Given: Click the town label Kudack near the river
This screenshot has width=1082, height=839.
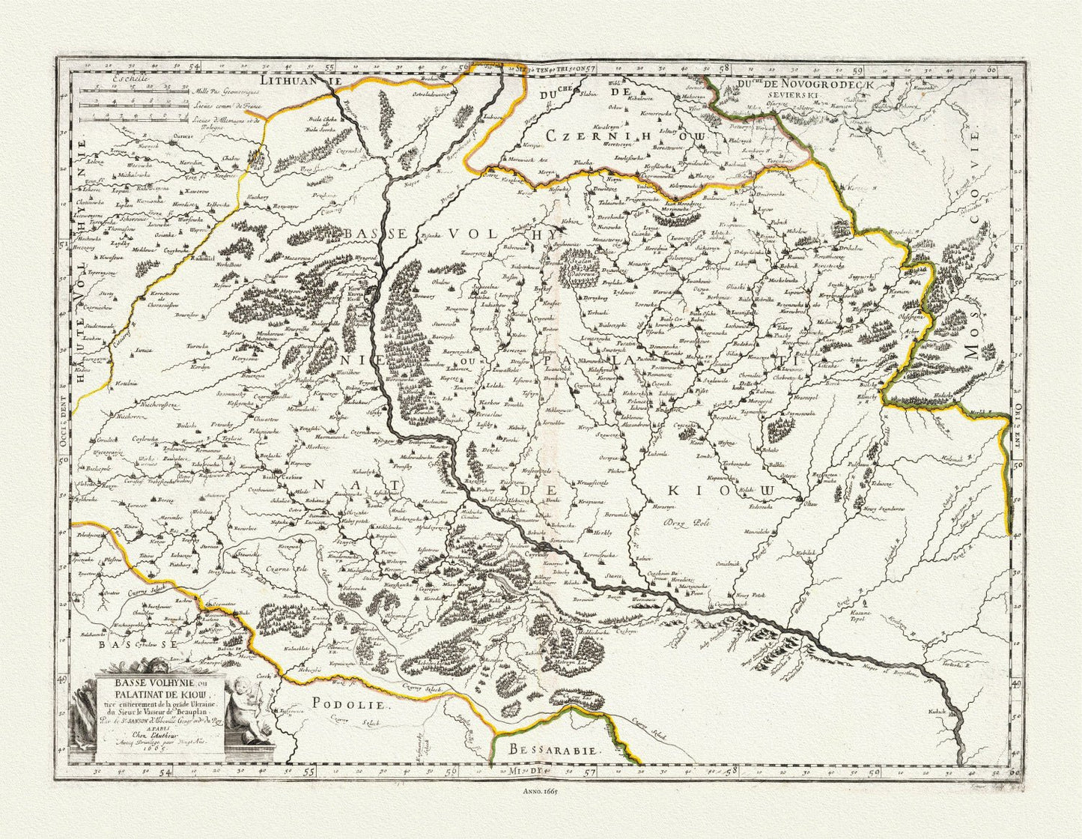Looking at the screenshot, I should click(937, 709).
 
